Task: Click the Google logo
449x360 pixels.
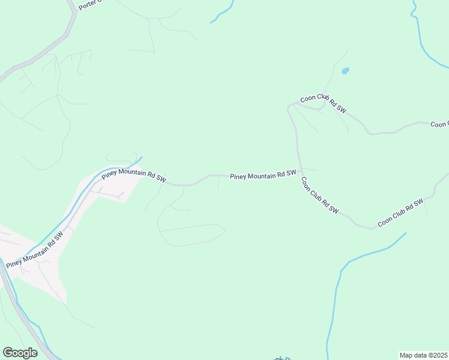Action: [x=20, y=353]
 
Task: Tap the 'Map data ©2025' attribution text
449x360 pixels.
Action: [x=424, y=355]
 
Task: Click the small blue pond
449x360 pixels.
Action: [x=345, y=71]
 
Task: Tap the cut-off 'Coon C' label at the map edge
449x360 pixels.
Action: [x=439, y=124]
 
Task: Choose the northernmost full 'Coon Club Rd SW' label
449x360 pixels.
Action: [x=324, y=104]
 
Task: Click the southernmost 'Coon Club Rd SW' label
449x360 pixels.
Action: [x=400, y=212]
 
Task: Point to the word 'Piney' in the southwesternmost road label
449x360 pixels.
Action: [x=14, y=263]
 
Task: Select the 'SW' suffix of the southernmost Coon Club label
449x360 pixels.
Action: [x=418, y=202]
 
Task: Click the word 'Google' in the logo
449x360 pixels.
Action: [x=20, y=353]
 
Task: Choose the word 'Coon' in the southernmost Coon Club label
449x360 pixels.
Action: [x=384, y=221]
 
